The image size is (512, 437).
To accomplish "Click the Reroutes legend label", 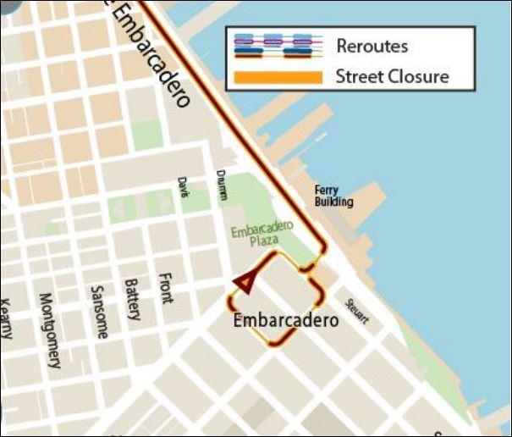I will [x=372, y=46].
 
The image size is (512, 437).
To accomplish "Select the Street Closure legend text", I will [x=391, y=77].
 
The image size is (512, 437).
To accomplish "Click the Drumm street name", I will [x=223, y=185].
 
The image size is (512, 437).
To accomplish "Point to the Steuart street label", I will [x=356, y=311].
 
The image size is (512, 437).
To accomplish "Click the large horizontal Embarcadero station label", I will [x=285, y=321].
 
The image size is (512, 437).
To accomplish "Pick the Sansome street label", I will [x=98, y=312].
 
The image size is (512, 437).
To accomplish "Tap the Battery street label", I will [x=132, y=299].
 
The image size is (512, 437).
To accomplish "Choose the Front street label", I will [x=165, y=288].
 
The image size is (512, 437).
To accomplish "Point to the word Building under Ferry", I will [x=333, y=202].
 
